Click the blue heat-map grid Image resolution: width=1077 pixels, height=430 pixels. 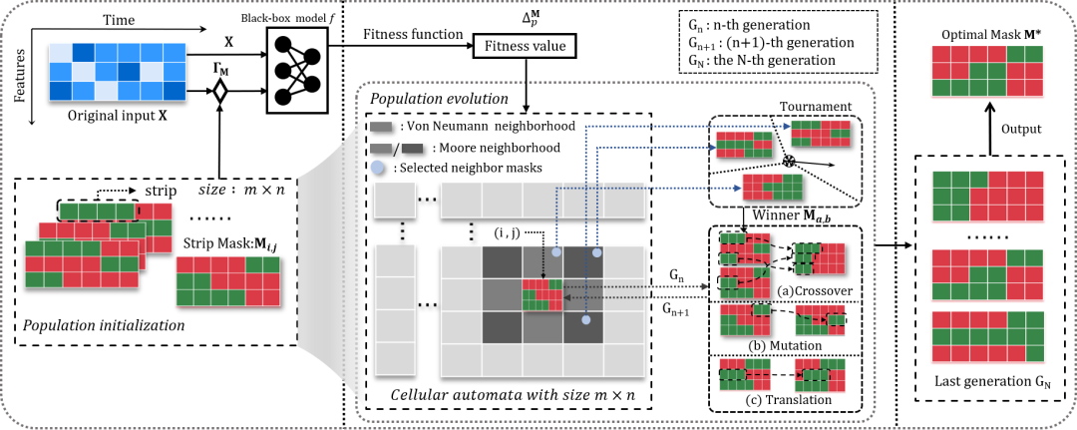coord(118,72)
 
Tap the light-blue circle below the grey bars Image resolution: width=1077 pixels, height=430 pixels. coord(377,167)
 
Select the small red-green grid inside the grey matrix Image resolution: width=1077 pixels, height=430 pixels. coord(541,294)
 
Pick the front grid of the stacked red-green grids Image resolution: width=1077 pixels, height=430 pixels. coord(82,263)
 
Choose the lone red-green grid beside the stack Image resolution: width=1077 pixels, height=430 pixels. coord(227,281)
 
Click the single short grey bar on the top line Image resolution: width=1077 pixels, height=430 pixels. coord(381,127)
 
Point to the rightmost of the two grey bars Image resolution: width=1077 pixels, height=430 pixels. coord(412,149)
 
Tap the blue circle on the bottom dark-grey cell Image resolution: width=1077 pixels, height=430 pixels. coord(586,320)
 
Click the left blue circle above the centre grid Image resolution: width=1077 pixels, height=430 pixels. coord(556,252)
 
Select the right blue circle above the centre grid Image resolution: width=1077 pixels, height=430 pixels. coord(597,252)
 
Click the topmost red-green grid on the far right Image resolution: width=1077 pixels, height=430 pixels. coord(987,71)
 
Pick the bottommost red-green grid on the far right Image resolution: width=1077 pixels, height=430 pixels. coord(987,337)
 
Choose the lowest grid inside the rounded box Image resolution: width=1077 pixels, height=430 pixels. coord(772,187)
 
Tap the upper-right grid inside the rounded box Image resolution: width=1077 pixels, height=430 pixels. coord(821,133)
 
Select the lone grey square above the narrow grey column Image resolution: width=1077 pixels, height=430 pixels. coord(395,199)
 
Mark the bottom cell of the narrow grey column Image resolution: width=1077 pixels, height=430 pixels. coord(395,358)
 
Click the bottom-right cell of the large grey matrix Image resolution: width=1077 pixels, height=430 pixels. coord(624,360)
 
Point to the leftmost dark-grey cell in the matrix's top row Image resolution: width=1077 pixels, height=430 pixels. coord(502,261)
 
